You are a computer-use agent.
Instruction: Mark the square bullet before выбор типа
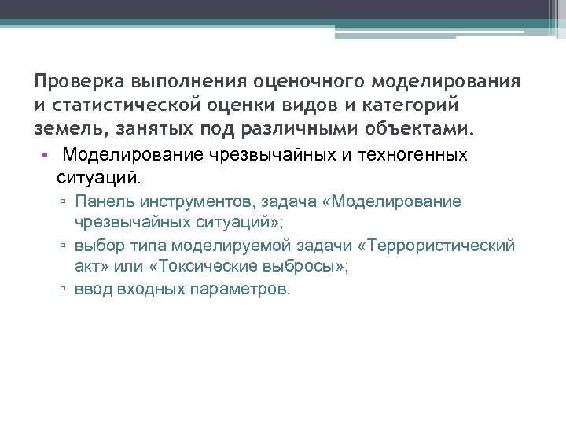[x=63, y=246]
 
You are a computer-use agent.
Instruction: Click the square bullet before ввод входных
[x=63, y=290]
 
